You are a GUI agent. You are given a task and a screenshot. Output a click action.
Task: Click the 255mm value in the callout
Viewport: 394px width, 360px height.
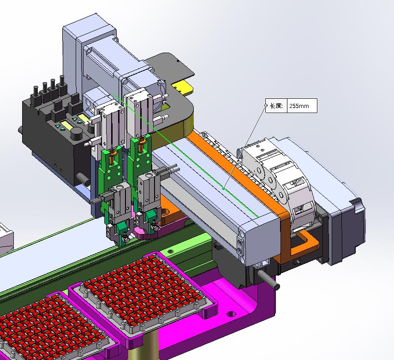[299, 106]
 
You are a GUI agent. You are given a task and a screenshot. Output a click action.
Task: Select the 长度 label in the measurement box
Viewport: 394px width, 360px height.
[276, 106]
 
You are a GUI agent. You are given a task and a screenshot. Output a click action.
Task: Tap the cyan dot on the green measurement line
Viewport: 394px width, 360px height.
[223, 189]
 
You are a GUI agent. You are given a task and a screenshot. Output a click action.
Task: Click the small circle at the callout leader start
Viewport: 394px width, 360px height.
[266, 106]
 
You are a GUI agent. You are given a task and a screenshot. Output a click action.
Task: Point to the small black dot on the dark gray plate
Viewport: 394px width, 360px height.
[178, 61]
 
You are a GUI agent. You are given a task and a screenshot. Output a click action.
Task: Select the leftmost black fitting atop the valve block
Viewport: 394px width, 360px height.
[36, 96]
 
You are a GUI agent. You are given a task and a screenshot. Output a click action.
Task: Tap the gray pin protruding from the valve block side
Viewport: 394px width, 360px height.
[83, 178]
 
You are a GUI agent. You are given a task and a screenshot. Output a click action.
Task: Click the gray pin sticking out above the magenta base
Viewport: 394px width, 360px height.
[269, 279]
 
